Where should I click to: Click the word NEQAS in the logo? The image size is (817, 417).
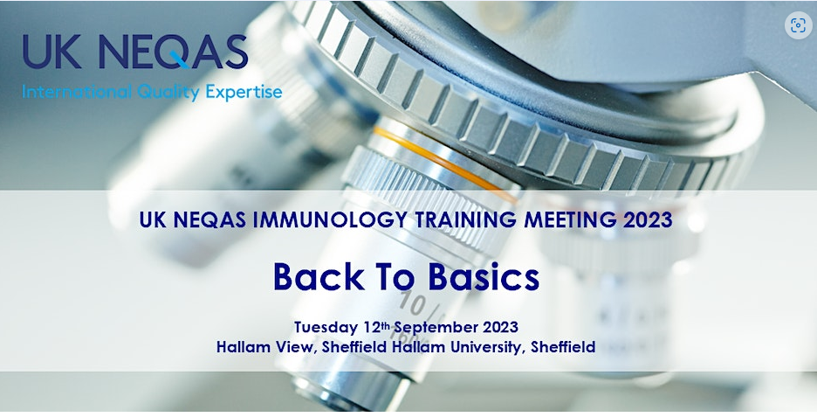(x=174, y=52)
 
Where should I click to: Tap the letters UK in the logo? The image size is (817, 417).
(x=52, y=52)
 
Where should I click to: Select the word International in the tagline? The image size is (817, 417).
(x=77, y=93)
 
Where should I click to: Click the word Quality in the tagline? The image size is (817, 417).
(x=168, y=93)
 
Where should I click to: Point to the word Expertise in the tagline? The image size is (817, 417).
(x=244, y=93)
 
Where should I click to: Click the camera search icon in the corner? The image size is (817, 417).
(x=798, y=25)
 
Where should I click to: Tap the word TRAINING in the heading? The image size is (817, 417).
(x=466, y=219)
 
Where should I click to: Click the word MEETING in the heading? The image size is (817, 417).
(x=571, y=219)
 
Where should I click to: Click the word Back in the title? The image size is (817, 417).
(x=319, y=276)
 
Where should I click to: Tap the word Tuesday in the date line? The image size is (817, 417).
(x=325, y=328)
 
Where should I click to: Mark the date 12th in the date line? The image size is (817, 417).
(x=375, y=327)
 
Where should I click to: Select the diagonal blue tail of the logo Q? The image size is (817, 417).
(x=180, y=60)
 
